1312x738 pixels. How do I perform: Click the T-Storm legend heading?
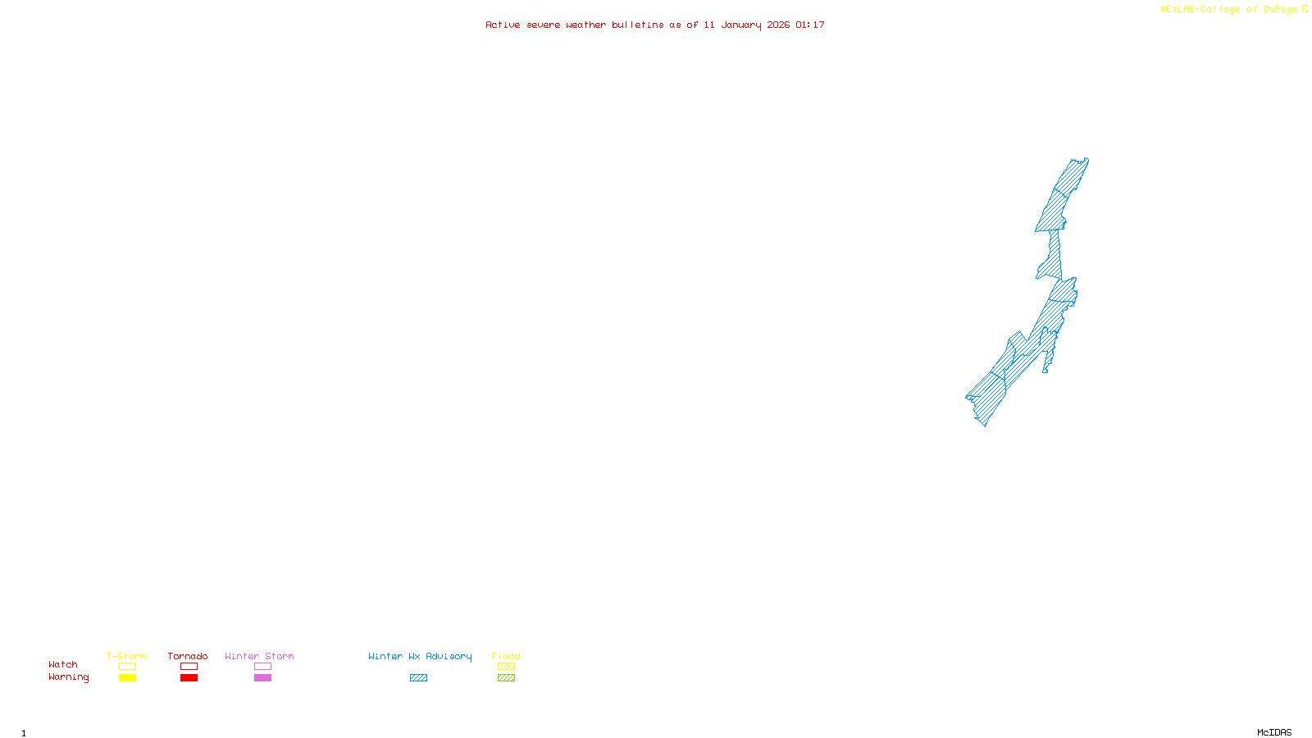[x=126, y=656]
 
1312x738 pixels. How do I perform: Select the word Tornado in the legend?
[x=188, y=656]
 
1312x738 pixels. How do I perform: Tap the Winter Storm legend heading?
[x=259, y=656]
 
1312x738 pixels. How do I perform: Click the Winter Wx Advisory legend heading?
[x=420, y=656]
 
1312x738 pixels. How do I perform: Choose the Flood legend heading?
[x=506, y=656]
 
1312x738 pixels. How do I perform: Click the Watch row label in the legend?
[x=63, y=664]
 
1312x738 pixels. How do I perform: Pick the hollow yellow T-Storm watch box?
[x=127, y=667]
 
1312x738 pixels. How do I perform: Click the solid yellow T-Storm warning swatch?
[x=127, y=678]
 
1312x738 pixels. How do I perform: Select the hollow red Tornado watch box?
[x=189, y=667]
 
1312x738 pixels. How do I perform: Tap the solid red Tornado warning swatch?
[x=189, y=678]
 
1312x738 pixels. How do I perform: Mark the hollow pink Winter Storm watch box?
[x=262, y=667]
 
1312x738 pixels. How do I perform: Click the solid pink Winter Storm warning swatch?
[x=262, y=678]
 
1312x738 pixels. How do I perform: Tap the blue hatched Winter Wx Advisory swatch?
[x=418, y=678]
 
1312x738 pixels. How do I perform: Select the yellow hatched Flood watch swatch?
[x=506, y=667]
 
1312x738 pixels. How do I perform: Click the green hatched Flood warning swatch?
[x=506, y=678]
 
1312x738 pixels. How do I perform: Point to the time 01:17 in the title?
[x=810, y=25]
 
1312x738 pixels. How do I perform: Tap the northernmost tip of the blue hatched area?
[x=1086, y=159]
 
